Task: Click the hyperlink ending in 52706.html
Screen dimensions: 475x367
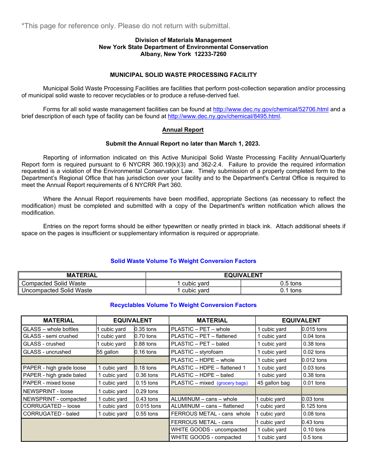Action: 270,109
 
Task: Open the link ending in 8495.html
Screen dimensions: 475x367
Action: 224,116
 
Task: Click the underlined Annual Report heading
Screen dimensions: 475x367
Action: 183,130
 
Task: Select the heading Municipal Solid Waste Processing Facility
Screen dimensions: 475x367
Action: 183,75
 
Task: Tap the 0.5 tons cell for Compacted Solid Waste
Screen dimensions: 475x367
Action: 291,283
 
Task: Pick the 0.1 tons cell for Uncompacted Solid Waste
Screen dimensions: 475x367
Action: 291,290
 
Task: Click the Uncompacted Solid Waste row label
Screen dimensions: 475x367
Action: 57,290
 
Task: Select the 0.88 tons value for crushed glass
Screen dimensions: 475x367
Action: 146,344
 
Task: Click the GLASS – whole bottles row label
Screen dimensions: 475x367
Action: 51,329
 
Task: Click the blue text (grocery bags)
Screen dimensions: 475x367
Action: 232,383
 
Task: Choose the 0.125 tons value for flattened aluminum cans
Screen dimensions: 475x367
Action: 314,406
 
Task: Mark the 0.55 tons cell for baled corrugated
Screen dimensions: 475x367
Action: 147,414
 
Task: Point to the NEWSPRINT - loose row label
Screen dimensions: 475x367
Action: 48,391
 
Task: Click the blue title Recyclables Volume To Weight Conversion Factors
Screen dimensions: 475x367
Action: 183,305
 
